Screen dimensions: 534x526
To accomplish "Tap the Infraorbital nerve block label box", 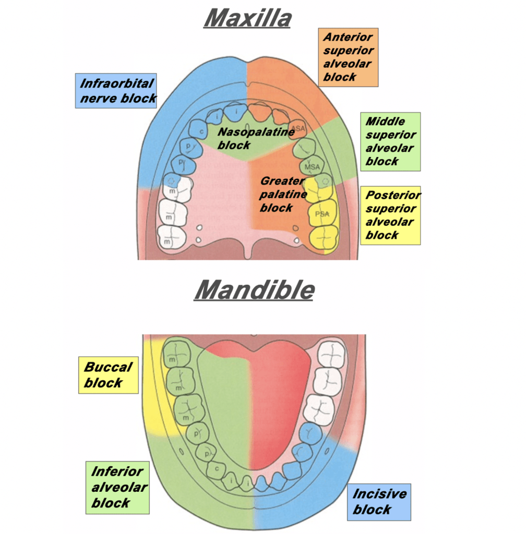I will tap(116, 91).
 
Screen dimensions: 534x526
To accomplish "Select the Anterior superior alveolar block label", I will tap(348, 57).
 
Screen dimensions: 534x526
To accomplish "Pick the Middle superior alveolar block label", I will tap(390, 141).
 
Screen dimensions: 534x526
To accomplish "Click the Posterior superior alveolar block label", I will tap(390, 215).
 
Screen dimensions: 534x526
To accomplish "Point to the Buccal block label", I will tap(108, 375).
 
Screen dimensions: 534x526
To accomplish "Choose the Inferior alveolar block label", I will tap(117, 487).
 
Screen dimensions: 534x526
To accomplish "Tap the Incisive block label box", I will tap(379, 502).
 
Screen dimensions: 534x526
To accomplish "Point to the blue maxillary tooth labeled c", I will tap(198, 127).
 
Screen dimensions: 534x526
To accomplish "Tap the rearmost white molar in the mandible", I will tap(332, 353).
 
